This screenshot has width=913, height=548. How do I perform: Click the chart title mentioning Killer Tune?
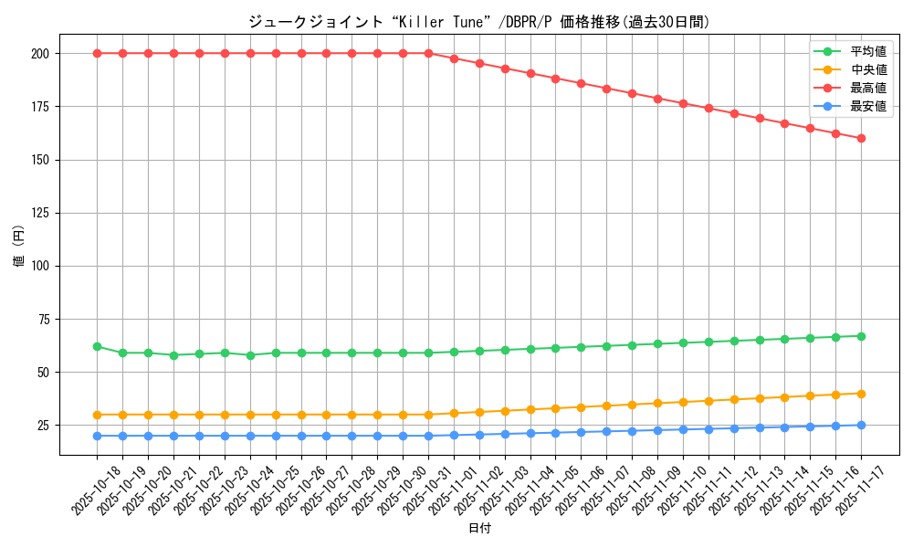478,22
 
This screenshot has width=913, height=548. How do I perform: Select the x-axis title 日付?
478,529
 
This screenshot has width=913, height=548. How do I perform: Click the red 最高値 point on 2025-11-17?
861,139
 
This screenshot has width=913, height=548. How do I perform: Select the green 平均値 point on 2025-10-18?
97,347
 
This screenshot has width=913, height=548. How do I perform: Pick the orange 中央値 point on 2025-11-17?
861,394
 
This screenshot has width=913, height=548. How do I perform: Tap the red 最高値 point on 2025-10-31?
428,53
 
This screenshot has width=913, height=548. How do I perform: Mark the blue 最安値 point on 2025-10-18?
97,436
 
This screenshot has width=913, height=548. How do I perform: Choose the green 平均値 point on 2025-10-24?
250,355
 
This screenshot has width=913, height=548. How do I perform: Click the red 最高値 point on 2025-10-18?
97,53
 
